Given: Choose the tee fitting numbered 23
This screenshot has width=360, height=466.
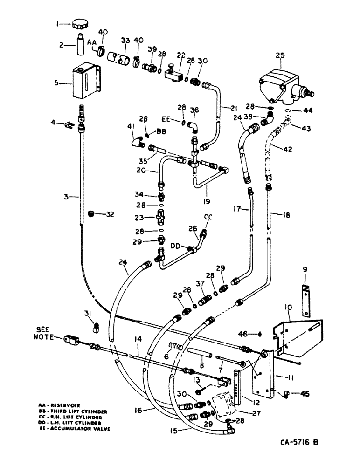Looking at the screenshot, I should tap(160, 218).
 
